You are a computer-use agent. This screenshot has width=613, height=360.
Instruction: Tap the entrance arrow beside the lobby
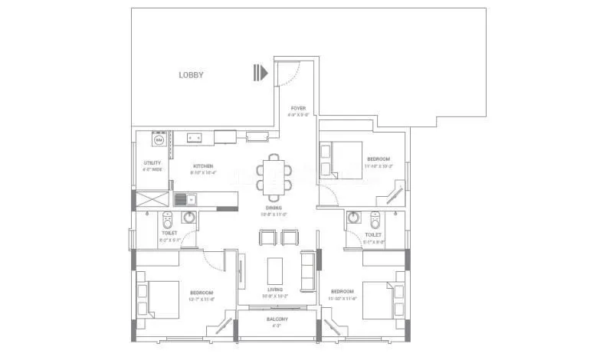pos(261,74)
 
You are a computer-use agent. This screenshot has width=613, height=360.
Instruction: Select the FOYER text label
pos(297,108)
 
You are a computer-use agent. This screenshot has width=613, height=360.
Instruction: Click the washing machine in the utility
pos(159,140)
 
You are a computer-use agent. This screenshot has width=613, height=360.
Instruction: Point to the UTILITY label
pos(152,163)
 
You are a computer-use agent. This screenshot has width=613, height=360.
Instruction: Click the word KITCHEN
pos(203,166)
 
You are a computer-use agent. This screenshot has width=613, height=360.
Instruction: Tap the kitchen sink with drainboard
pos(185,199)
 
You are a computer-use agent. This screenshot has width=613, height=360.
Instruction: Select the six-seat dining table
pos(275,175)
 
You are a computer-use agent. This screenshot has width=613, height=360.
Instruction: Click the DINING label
pos(274,208)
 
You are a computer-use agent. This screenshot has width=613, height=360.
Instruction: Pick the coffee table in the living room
pos(275,271)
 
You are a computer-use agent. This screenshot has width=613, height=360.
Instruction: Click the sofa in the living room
pos(306,271)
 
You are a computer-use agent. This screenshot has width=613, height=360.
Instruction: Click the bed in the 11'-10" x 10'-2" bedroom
pos(341,160)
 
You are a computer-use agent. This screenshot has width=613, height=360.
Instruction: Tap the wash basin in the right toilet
pos(353,218)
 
